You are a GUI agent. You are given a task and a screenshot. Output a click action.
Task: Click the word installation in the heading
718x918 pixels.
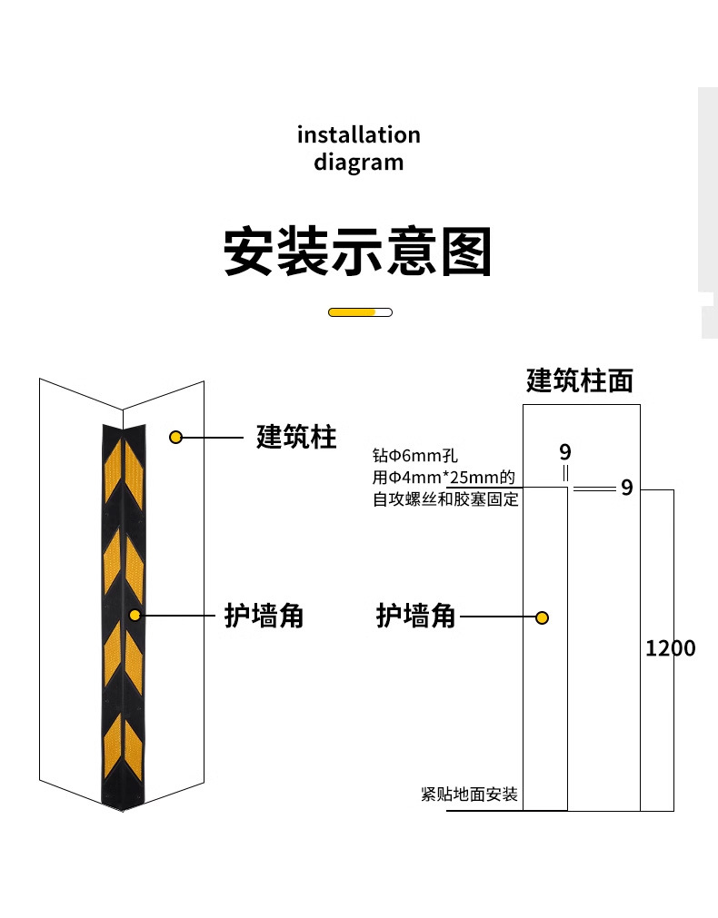[x=358, y=135]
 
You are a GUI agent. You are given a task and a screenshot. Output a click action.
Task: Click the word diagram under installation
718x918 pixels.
[x=358, y=163]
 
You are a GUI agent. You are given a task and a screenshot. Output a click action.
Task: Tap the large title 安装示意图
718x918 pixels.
[x=358, y=252]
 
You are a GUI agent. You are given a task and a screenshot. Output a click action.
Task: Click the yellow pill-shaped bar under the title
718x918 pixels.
[x=360, y=312]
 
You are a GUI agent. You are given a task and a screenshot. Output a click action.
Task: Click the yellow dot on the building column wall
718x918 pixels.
[x=176, y=438]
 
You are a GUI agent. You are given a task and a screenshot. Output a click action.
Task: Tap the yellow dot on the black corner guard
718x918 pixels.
[x=135, y=615]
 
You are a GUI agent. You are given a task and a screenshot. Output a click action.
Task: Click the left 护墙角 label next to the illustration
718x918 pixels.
[x=264, y=616]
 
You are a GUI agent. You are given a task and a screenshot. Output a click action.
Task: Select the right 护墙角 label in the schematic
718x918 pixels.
[x=415, y=617]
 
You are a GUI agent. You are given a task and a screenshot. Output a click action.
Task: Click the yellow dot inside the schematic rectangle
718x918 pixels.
[x=542, y=618]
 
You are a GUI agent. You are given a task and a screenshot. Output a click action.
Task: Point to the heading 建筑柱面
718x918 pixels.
[x=580, y=380]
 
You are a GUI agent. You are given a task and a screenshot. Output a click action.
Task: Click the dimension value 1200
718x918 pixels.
[x=670, y=648]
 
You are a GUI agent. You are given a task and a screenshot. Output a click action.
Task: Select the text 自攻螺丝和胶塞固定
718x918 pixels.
[x=445, y=498]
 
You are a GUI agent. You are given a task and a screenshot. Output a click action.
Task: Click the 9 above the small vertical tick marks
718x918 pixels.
[x=565, y=452]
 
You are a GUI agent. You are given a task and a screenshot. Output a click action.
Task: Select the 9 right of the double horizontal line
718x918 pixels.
[x=626, y=488]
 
